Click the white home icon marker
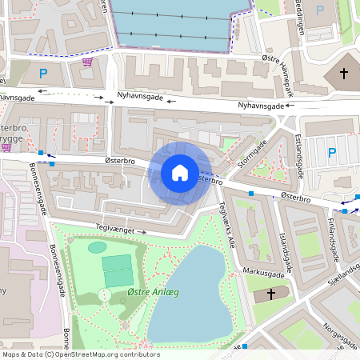pos(180,172)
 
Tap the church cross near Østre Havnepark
pos(344,74)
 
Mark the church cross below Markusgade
pos(271,294)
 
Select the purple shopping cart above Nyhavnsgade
pos(86,61)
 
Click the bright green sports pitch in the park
pos(117,263)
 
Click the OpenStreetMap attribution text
pos(81,354)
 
